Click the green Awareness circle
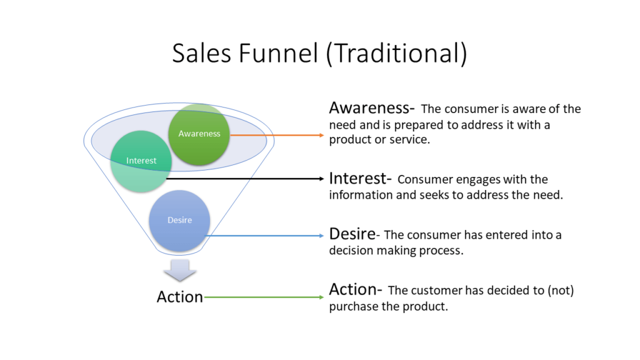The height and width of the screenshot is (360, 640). (x=199, y=134)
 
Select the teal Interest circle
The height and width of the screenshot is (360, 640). (x=141, y=161)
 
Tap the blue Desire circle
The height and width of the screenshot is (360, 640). (x=179, y=220)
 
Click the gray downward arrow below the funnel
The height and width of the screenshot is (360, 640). (x=180, y=271)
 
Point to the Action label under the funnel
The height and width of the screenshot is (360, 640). (x=180, y=297)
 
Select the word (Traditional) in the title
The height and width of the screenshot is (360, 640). (x=396, y=54)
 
